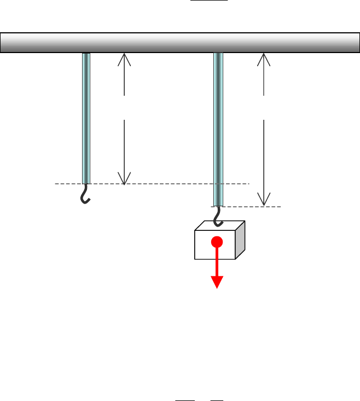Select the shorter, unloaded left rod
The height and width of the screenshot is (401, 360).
(86, 118)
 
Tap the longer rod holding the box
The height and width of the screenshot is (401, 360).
(218, 129)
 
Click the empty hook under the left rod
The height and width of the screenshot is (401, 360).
(85, 194)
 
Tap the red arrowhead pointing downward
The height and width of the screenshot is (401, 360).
(217, 282)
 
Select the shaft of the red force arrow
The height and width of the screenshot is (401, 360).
(217, 261)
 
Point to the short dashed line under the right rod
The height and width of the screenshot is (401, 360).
(252, 206)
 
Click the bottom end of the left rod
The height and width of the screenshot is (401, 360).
(86, 182)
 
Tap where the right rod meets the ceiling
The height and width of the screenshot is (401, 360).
(218, 54)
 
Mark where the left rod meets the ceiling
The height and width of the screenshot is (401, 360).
(86, 54)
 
